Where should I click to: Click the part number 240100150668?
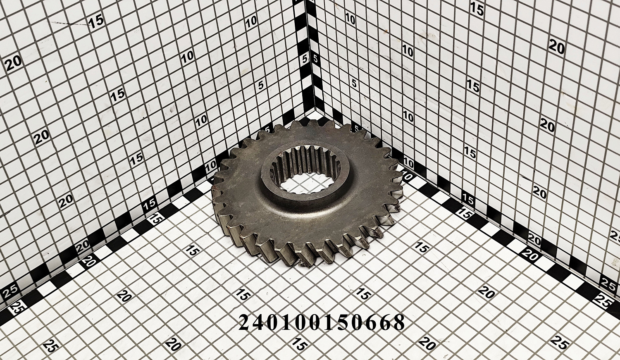click(322, 322)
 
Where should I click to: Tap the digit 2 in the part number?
click(245, 322)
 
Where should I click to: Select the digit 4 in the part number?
click(259, 322)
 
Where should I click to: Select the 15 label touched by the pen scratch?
click(96, 21)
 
